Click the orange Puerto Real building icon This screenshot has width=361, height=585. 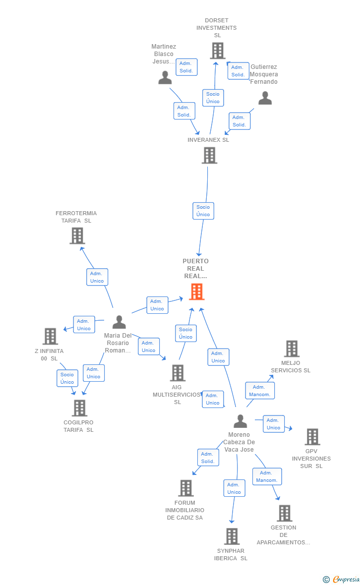coord(197,292)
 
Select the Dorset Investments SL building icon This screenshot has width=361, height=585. coord(217,51)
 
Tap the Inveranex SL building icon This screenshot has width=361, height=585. coord(209,156)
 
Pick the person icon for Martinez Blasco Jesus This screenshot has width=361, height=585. coord(165,78)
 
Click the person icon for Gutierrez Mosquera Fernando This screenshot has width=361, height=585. coord(265,98)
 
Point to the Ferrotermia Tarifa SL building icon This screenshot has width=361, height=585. coord(77,235)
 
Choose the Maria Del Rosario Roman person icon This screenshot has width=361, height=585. coord(119,322)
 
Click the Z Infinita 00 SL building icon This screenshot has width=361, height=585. coord(50,336)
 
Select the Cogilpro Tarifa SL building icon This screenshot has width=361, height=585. coord(79,408)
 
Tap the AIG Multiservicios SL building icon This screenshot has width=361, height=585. coord(178,373)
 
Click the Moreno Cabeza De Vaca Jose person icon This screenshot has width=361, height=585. coord(241,421)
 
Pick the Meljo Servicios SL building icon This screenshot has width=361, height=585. coord(292,349)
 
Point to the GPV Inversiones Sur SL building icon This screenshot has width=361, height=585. coord(312,437)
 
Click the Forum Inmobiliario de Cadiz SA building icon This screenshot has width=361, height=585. coord(185,488)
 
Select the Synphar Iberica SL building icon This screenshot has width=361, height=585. coord(232,536)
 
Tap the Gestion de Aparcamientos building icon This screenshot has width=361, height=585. coord(284,513)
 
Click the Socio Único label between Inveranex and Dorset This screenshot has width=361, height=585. coord(213,98)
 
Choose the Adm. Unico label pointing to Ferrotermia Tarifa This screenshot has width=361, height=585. coord(97,277)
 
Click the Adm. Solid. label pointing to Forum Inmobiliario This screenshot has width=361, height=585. coord(208,458)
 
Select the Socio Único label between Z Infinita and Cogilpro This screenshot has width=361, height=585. coord(67,378)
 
